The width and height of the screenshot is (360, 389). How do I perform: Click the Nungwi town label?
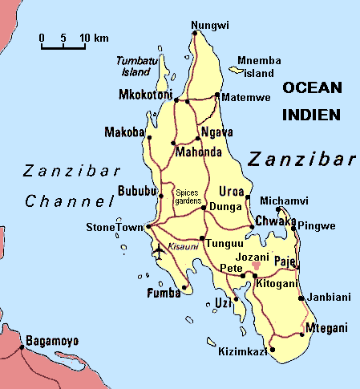coord(205,26)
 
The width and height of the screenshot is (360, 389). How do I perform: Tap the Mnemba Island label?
coord(259,67)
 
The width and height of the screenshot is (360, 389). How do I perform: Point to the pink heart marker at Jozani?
coord(256,265)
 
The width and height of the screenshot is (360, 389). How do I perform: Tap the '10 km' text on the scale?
coord(95,38)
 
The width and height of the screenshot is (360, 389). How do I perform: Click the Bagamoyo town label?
coord(52,341)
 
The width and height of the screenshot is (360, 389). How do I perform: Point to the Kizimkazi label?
coord(242,351)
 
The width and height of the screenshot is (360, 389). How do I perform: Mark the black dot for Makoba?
coord(149,138)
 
